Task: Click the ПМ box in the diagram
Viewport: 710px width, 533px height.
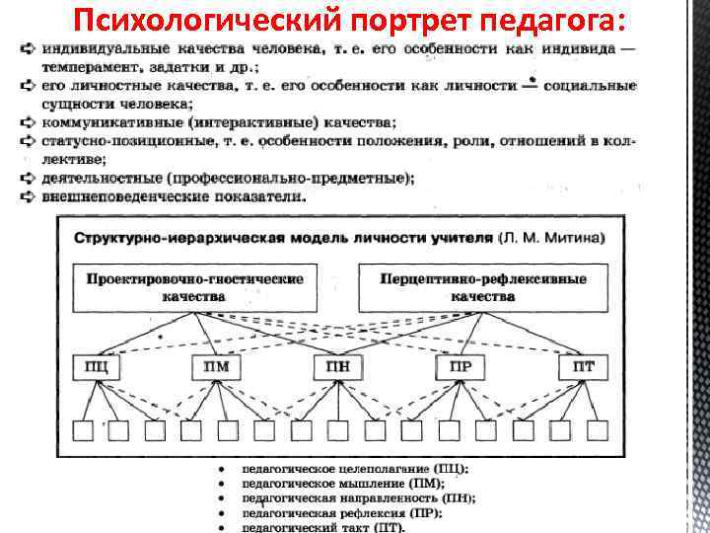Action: click(217, 367)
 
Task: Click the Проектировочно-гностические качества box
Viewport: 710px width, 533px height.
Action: click(195, 286)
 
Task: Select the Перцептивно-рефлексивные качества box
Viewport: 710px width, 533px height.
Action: click(483, 286)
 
